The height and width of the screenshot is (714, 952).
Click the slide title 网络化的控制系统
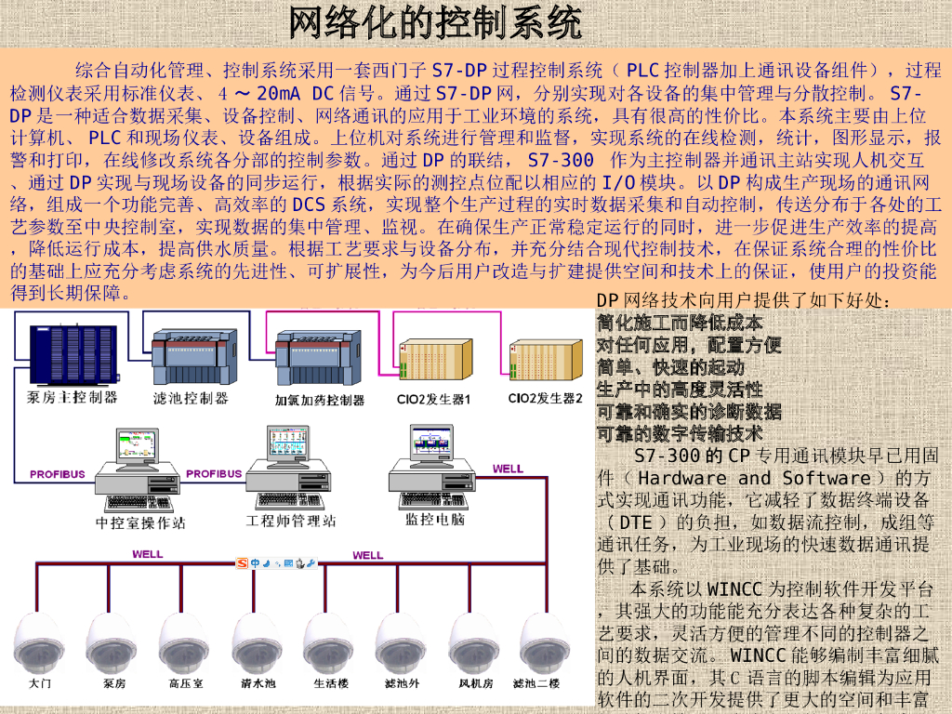point(435,22)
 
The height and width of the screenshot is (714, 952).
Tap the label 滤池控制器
point(191,398)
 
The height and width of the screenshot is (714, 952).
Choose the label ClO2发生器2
point(545,398)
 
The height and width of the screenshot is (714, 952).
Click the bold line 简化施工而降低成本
point(679,323)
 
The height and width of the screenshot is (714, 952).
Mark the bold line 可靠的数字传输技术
point(679,433)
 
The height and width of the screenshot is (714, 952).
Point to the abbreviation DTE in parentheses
point(636,522)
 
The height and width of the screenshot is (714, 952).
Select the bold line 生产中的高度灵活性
point(679,389)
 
